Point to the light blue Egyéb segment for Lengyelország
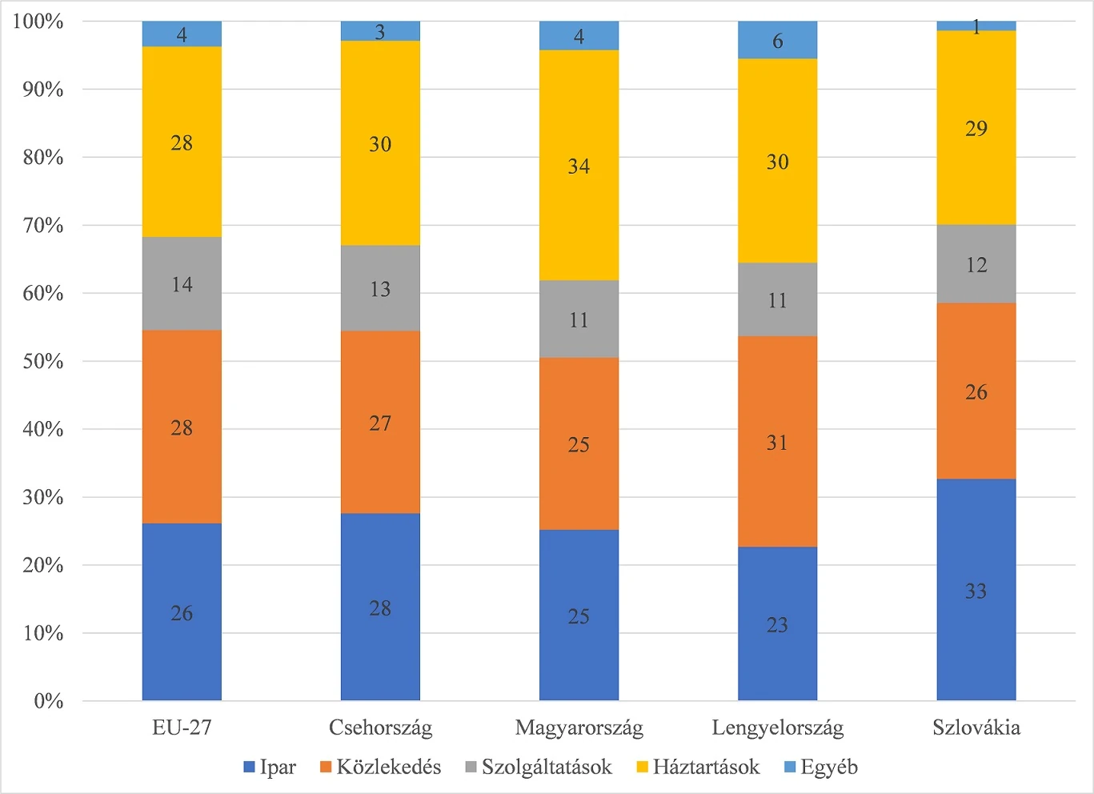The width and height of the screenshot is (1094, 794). [777, 40]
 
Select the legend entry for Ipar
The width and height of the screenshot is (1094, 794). [270, 767]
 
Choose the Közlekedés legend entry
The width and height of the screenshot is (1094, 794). [380, 767]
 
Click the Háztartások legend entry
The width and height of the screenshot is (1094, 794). [697, 767]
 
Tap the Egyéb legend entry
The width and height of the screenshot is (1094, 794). [820, 767]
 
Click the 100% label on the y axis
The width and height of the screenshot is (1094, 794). [38, 22]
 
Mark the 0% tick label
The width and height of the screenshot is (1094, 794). [48, 701]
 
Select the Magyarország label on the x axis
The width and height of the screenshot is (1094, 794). [579, 728]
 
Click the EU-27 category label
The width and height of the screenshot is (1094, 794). [182, 728]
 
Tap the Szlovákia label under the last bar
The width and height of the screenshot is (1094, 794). [976, 728]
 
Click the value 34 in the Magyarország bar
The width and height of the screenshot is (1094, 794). [579, 166]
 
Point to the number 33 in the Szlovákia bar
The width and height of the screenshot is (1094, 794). [976, 591]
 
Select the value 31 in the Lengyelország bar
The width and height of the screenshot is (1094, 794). [777, 443]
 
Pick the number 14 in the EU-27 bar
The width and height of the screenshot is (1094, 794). [182, 284]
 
